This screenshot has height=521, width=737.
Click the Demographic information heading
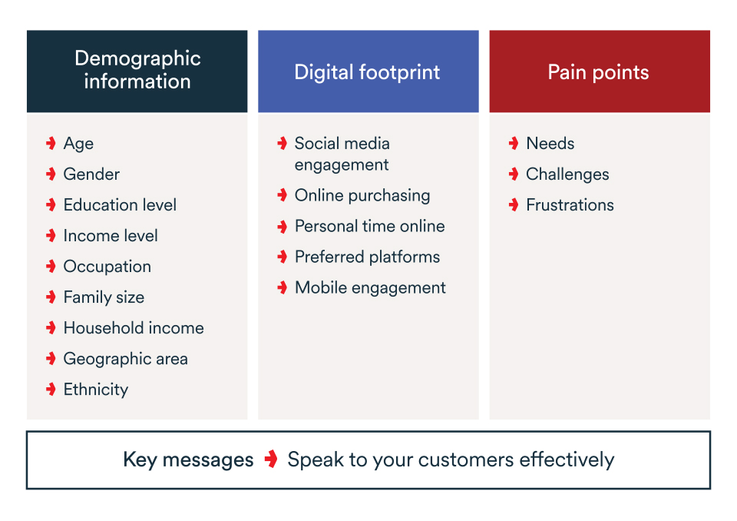tap(137, 70)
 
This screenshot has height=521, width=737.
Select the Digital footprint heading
tap(367, 72)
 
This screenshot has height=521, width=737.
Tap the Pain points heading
tap(598, 72)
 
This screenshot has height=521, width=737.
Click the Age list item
tap(78, 144)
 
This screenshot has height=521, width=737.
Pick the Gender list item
tap(91, 174)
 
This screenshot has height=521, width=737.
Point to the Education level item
tap(120, 204)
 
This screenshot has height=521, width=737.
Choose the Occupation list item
tap(107, 267)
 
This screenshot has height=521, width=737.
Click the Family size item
tap(104, 297)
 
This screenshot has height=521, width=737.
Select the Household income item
tap(134, 328)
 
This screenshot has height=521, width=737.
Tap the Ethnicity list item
tap(96, 390)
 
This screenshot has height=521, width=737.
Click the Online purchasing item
tap(362, 196)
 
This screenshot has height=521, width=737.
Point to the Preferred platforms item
tap(367, 257)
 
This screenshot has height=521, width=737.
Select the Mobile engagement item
tap(370, 288)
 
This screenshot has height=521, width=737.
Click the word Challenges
tap(567, 174)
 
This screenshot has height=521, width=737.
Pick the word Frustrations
tap(570, 204)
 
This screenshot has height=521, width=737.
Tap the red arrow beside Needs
tap(514, 143)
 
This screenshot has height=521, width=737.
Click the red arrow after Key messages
tap(271, 459)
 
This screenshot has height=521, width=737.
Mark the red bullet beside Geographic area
tap(51, 359)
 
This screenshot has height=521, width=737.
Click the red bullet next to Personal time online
tap(282, 227)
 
